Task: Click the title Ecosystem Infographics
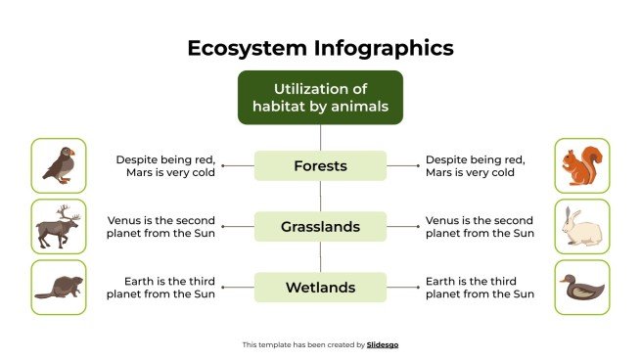pyautogui.click(x=320, y=47)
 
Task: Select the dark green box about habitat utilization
pyautogui.click(x=320, y=97)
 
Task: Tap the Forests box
pyautogui.click(x=320, y=165)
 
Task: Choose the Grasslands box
pyautogui.click(x=320, y=227)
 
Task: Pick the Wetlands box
pyautogui.click(x=320, y=288)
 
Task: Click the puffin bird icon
pyautogui.click(x=58, y=165)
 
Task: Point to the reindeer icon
pyautogui.click(x=58, y=227)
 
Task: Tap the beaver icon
pyautogui.click(x=58, y=288)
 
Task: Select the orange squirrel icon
pyautogui.click(x=581, y=165)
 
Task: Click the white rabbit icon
pyautogui.click(x=581, y=227)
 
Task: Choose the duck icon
pyautogui.click(x=581, y=288)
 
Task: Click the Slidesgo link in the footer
pyautogui.click(x=383, y=344)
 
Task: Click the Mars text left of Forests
pyautogui.click(x=165, y=165)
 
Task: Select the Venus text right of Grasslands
pyautogui.click(x=480, y=227)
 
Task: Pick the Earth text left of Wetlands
pyautogui.click(x=160, y=288)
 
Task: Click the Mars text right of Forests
pyautogui.click(x=476, y=165)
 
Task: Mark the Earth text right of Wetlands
pyautogui.click(x=480, y=288)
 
